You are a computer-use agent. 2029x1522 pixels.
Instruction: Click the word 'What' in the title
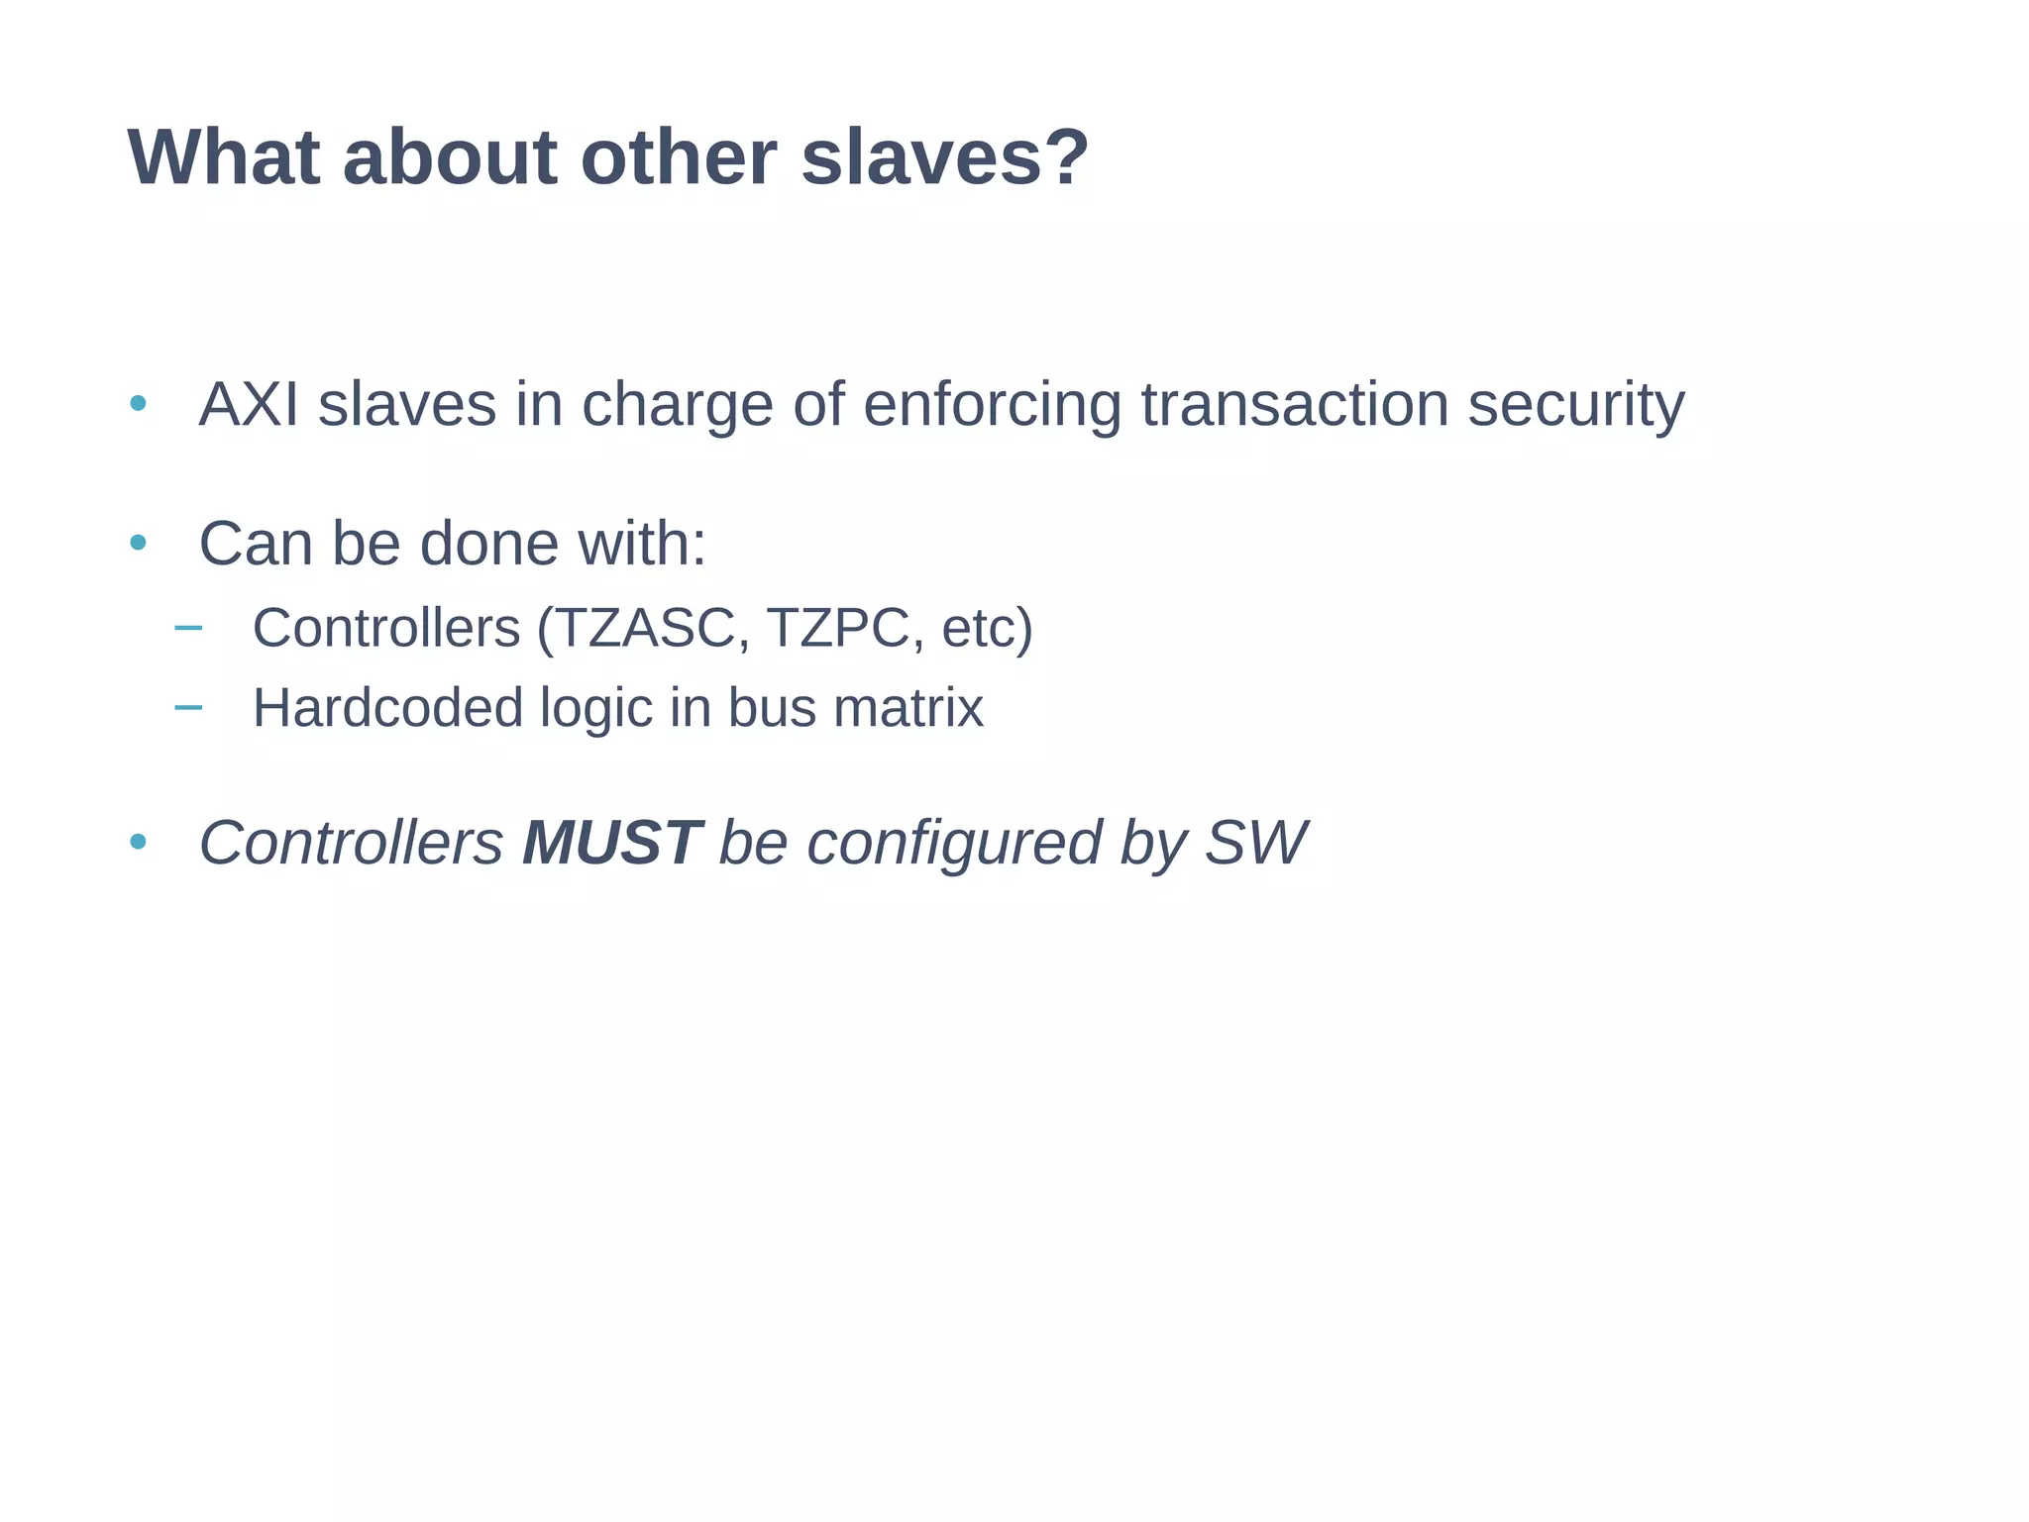tap(224, 158)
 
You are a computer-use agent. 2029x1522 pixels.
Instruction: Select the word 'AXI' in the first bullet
tap(249, 405)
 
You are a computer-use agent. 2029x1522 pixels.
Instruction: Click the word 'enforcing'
tap(992, 407)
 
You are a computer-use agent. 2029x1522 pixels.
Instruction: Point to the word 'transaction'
tap(1294, 405)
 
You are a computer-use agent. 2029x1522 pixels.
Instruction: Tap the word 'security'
tap(1575, 407)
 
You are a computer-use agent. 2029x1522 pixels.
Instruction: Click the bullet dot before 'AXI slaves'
tap(139, 404)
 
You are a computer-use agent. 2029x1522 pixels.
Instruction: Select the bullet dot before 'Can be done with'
tap(139, 543)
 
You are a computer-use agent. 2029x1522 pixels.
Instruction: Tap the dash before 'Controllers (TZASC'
tap(187, 627)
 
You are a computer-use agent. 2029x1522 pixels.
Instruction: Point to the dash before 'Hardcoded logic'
tap(187, 707)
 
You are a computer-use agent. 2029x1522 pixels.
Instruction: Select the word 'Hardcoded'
tap(387, 708)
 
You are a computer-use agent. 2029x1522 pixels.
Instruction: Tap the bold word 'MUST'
tap(611, 843)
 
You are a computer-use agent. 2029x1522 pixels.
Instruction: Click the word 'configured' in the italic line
tap(954, 845)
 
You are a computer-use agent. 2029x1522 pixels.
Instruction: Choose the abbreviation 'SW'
tap(1255, 843)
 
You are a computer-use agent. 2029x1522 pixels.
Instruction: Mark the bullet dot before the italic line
tap(139, 843)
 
